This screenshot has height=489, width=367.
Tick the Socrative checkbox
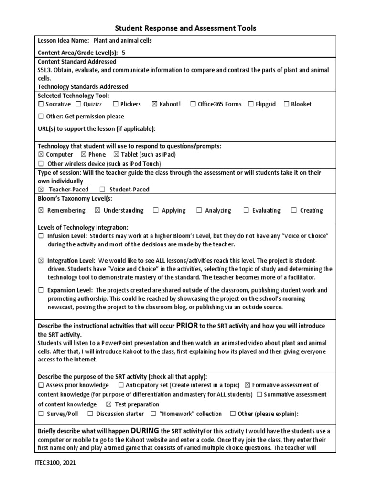pos(41,104)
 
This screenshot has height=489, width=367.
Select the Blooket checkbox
pos(286,104)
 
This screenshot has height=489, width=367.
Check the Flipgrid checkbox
pos(251,104)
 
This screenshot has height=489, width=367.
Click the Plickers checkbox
pos(116,104)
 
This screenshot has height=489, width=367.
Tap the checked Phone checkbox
pos(84,155)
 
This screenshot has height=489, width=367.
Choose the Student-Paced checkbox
pos(102,190)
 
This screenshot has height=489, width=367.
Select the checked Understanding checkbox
pos(97,211)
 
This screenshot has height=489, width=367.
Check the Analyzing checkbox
pos(199,211)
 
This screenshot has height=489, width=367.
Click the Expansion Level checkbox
pos(41,290)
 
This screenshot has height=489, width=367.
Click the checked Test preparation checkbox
pos(108,404)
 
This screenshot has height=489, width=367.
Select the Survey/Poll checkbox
pos(41,414)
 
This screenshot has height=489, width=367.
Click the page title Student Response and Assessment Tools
pos(184,28)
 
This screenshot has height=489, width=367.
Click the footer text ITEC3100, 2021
pos(55,463)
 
